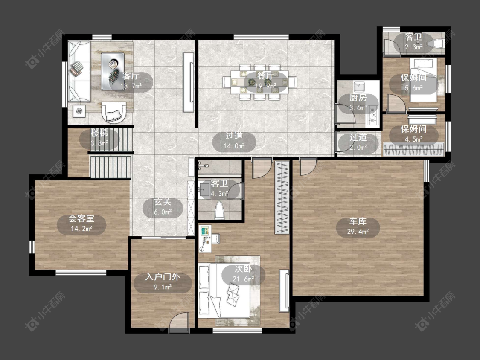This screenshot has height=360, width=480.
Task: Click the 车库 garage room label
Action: pyautogui.click(x=358, y=222)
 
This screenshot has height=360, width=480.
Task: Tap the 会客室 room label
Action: pyautogui.click(x=81, y=218)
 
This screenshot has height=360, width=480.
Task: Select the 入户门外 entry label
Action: pyautogui.click(x=163, y=277)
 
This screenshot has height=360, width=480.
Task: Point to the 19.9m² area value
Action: pyautogui.click(x=266, y=86)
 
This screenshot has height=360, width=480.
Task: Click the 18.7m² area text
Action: pyautogui.click(x=131, y=86)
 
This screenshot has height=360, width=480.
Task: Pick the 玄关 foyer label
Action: pyautogui.click(x=163, y=202)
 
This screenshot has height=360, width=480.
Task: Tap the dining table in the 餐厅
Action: pyautogui.click(x=259, y=82)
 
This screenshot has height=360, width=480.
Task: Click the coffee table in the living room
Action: pyautogui.click(x=113, y=72)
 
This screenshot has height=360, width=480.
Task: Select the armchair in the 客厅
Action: pyautogui.click(x=114, y=112)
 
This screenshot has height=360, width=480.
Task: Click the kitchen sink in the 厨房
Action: pyautogui.click(x=359, y=87)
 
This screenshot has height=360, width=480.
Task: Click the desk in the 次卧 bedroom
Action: pyautogui.click(x=205, y=238)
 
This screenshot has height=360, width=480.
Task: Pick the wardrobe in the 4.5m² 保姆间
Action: pyautogui.click(x=413, y=150)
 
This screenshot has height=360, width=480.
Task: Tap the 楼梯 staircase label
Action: pyautogui.click(x=99, y=133)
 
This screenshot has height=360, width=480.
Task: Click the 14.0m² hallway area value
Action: pyautogui.click(x=234, y=146)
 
